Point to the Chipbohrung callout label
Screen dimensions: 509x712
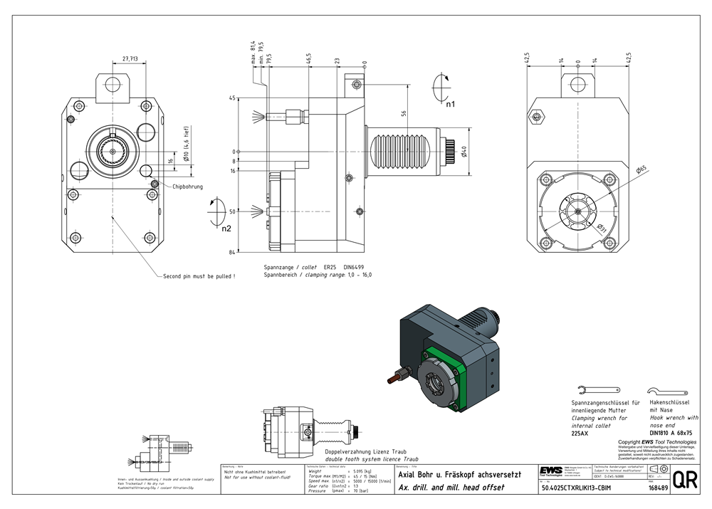pos(187,187)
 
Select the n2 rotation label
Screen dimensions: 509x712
pos(226,228)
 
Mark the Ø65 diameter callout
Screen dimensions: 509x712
pos(640,169)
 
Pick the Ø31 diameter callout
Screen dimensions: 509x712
pos(601,227)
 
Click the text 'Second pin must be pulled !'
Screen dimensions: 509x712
pos(199,276)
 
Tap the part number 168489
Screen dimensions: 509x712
pos(657,488)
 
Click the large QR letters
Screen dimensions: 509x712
pos(684,479)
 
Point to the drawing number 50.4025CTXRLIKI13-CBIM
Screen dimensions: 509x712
pos(577,488)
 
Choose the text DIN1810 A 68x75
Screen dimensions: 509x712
pos(671,432)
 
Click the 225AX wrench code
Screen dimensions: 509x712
pos(580,433)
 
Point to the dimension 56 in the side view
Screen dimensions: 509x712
pos(404,113)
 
